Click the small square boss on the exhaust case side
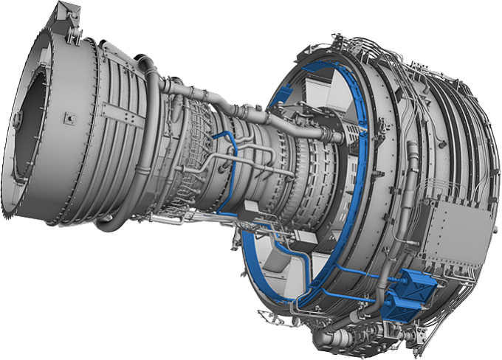(69, 115)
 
